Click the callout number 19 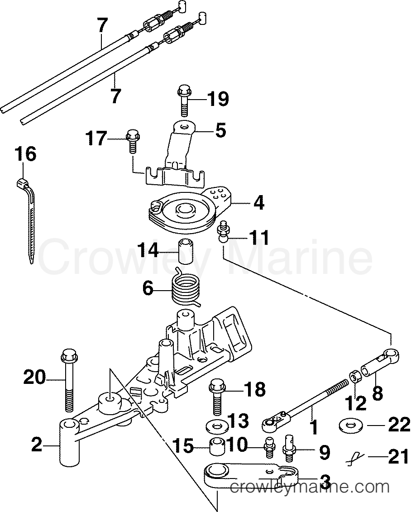[x=218, y=98]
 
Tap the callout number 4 [x=258, y=202]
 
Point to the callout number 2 [x=37, y=445]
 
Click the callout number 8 [x=377, y=392]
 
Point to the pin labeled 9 [x=289, y=446]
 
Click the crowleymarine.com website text [x=310, y=487]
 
